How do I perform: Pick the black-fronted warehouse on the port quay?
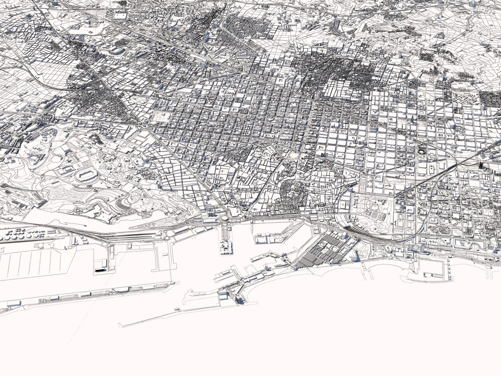coord(101,266)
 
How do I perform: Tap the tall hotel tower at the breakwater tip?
coord(239,298)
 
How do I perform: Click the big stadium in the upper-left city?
coord(117,51)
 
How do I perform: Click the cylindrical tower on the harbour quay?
coord(265,267)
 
